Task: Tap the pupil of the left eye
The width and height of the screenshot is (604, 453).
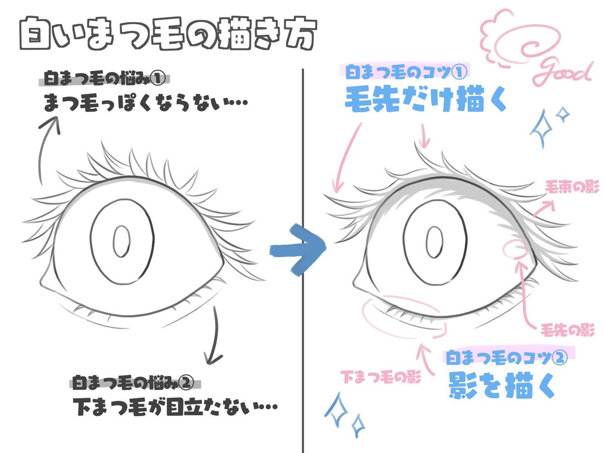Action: click(x=121, y=243)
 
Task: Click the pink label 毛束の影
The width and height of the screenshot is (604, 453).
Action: click(x=572, y=188)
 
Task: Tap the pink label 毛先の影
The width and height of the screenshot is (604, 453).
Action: click(x=568, y=331)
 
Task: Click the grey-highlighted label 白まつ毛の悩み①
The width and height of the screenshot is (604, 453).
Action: click(x=105, y=80)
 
